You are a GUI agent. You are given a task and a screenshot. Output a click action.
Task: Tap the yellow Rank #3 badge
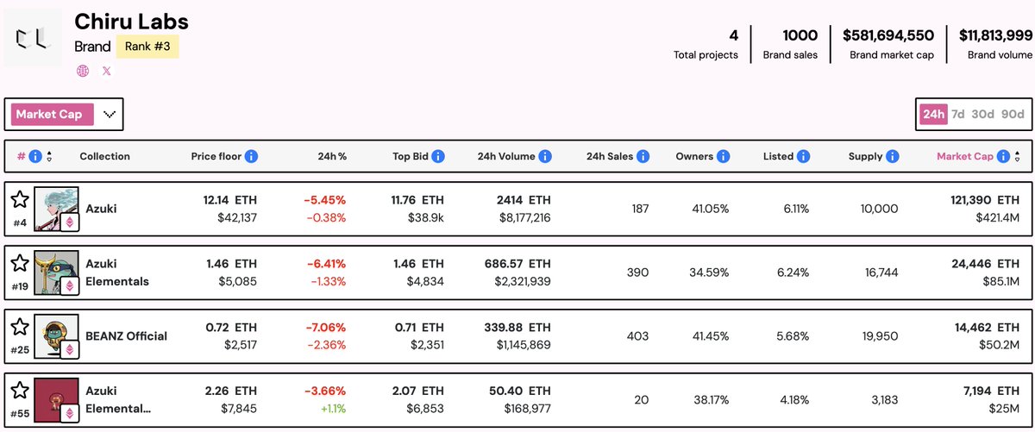click(x=147, y=47)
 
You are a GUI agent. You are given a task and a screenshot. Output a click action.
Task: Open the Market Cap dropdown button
click(x=66, y=114)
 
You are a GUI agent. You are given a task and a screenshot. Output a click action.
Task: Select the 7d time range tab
click(x=958, y=114)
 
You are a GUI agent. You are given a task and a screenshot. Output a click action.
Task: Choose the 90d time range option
click(x=1013, y=114)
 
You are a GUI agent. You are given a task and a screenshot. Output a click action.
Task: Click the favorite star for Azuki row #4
click(x=20, y=200)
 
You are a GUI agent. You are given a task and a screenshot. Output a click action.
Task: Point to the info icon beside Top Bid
click(x=438, y=156)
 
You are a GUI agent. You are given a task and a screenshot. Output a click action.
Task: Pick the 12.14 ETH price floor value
click(x=229, y=200)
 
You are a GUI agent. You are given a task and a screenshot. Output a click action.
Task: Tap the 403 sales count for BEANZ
click(x=637, y=335)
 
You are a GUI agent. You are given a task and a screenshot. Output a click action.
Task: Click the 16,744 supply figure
click(x=879, y=272)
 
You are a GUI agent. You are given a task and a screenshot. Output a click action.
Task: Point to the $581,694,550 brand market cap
click(x=888, y=35)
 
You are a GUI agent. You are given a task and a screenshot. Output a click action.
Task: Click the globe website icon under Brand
click(x=83, y=72)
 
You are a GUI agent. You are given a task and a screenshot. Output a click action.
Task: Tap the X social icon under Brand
click(x=107, y=72)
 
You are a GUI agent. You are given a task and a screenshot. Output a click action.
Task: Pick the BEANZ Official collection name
click(x=126, y=335)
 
